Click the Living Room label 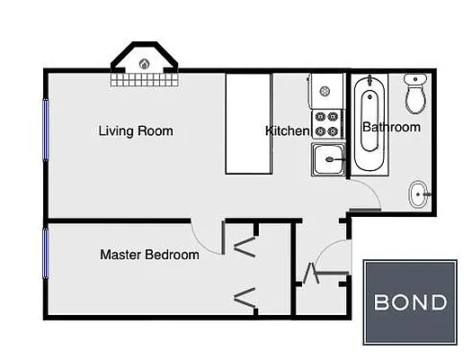135,131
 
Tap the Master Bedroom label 149,255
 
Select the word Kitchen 287,131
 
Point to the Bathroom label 391,127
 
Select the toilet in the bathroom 415,94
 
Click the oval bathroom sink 420,193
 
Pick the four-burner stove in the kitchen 326,124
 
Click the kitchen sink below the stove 327,162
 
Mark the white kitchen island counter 247,124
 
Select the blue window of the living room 43,129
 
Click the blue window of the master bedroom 43,254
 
